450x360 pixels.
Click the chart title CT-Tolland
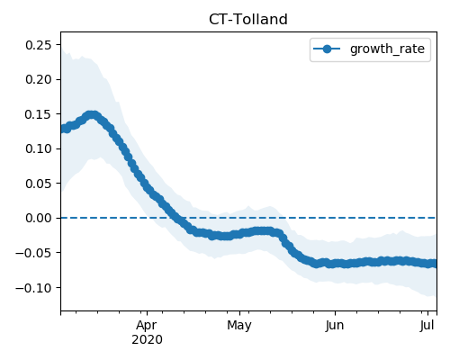click(248, 20)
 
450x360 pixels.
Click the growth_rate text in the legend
click(387, 49)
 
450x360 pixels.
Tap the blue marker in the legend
click(327, 49)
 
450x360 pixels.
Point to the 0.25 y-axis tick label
click(39, 45)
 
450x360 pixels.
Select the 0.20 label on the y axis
click(39, 79)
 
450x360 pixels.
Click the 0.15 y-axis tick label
click(39, 114)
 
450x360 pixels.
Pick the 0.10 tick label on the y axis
click(39, 148)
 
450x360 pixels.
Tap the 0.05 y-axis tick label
click(39, 184)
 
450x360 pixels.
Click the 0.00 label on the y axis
click(39, 218)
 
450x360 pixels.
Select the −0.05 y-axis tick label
click(34, 253)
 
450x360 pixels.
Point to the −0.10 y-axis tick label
click(34, 288)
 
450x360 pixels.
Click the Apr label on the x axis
click(147, 326)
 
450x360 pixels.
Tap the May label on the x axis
click(239, 326)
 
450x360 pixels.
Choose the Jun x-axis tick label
click(335, 326)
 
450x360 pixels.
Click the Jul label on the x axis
click(427, 326)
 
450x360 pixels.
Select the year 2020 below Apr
click(147, 340)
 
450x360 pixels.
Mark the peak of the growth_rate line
click(93, 115)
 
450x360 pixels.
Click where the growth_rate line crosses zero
click(175, 218)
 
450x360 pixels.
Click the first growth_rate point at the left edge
click(63, 129)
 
